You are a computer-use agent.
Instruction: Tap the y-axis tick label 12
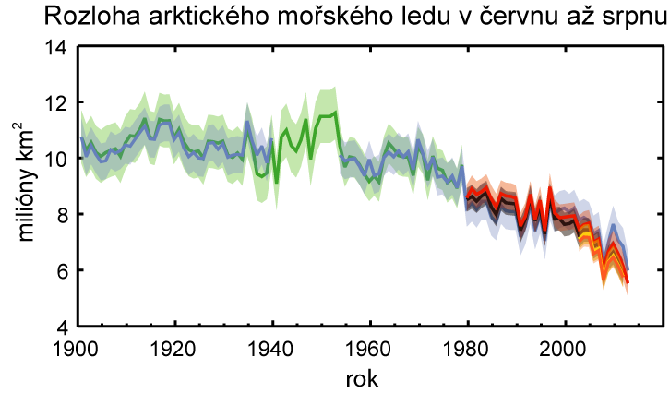[55, 102]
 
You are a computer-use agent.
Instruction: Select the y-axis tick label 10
[55, 159]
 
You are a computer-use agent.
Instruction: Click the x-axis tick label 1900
[75, 349]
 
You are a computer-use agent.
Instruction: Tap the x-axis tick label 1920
[173, 349]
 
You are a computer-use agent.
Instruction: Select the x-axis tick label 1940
[270, 349]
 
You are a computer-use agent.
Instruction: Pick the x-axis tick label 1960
[368, 349]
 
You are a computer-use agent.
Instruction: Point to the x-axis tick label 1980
[466, 349]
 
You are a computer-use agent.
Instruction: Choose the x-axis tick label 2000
[563, 349]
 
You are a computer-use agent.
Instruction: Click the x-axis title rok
[362, 378]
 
